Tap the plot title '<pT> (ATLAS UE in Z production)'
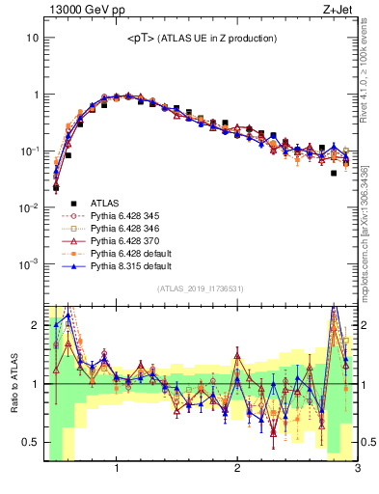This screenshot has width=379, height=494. (202, 39)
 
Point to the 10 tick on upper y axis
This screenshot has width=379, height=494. (32, 38)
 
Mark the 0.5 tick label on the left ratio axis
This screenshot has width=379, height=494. (30, 443)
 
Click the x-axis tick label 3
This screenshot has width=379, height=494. (357, 470)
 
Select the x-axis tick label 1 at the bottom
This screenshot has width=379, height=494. (117, 470)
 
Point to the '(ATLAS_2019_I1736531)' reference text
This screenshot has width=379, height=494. (200, 288)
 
